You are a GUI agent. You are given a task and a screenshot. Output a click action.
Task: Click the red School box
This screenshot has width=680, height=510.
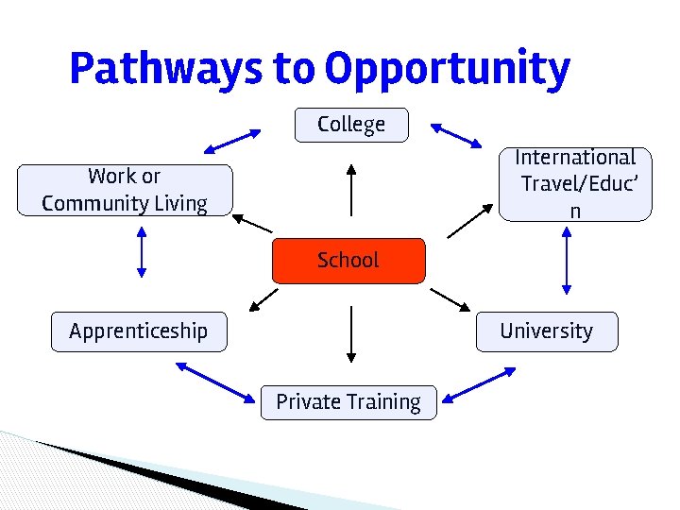[348, 261]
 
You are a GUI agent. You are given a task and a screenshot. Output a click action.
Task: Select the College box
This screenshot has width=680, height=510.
[351, 125]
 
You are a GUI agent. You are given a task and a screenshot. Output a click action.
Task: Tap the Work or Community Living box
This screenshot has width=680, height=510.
[125, 190]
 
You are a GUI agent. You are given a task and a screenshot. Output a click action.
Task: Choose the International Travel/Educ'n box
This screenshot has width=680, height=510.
[574, 184]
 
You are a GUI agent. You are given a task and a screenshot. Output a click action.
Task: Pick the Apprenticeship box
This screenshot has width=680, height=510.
[139, 331]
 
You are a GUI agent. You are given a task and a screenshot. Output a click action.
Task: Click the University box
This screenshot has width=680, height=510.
[546, 331]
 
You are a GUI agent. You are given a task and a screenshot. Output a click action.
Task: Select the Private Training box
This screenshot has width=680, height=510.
[348, 402]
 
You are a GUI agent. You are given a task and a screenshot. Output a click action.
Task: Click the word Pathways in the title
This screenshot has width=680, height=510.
[165, 68]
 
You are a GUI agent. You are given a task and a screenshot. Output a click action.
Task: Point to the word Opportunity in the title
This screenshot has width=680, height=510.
[447, 68]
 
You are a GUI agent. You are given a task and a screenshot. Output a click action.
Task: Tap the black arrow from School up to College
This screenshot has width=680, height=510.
[351, 190]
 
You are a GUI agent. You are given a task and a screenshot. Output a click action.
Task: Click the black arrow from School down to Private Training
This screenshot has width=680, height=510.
[351, 334]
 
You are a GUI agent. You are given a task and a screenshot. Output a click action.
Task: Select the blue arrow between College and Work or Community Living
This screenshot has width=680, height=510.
[232, 141]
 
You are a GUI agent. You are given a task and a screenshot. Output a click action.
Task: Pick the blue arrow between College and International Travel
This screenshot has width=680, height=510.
[456, 135]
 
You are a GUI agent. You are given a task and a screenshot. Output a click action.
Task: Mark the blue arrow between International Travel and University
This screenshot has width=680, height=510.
[567, 263]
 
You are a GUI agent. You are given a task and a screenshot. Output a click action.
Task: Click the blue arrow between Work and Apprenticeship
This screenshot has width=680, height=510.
[141, 252]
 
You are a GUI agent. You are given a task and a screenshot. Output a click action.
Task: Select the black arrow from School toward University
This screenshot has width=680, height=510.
[450, 299]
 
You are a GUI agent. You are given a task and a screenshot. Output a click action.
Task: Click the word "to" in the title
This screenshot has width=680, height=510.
[297, 68]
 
